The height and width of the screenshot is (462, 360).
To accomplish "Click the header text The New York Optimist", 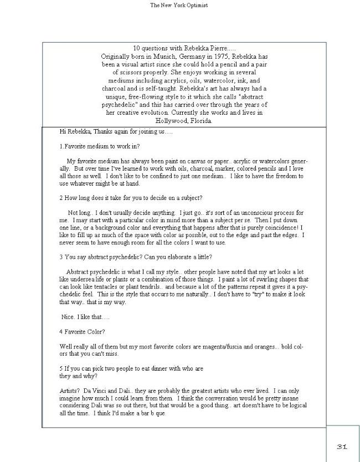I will point(179,6).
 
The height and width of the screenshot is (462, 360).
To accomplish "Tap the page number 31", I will point(342,446).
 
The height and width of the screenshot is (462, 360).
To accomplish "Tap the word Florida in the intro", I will point(200,121).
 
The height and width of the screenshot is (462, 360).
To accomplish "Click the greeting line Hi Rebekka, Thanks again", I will point(116,132).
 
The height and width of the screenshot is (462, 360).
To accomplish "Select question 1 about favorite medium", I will point(99,147).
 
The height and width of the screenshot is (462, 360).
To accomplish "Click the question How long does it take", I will point(131,198).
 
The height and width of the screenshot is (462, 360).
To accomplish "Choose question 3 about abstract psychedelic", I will point(136,257).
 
